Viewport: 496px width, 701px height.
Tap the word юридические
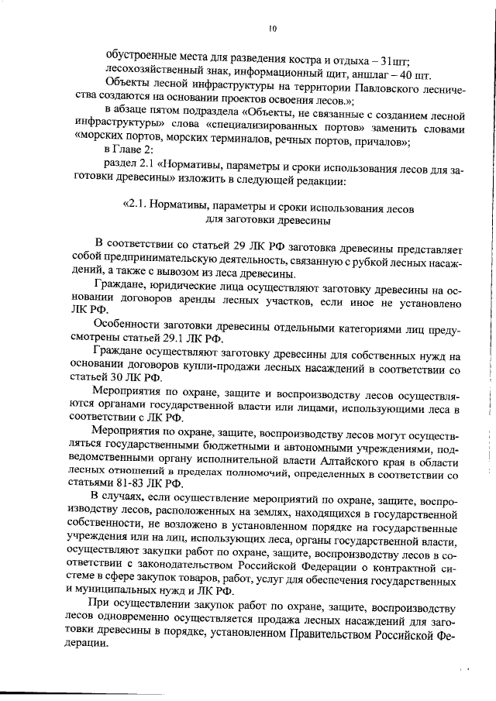pos(170,289)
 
